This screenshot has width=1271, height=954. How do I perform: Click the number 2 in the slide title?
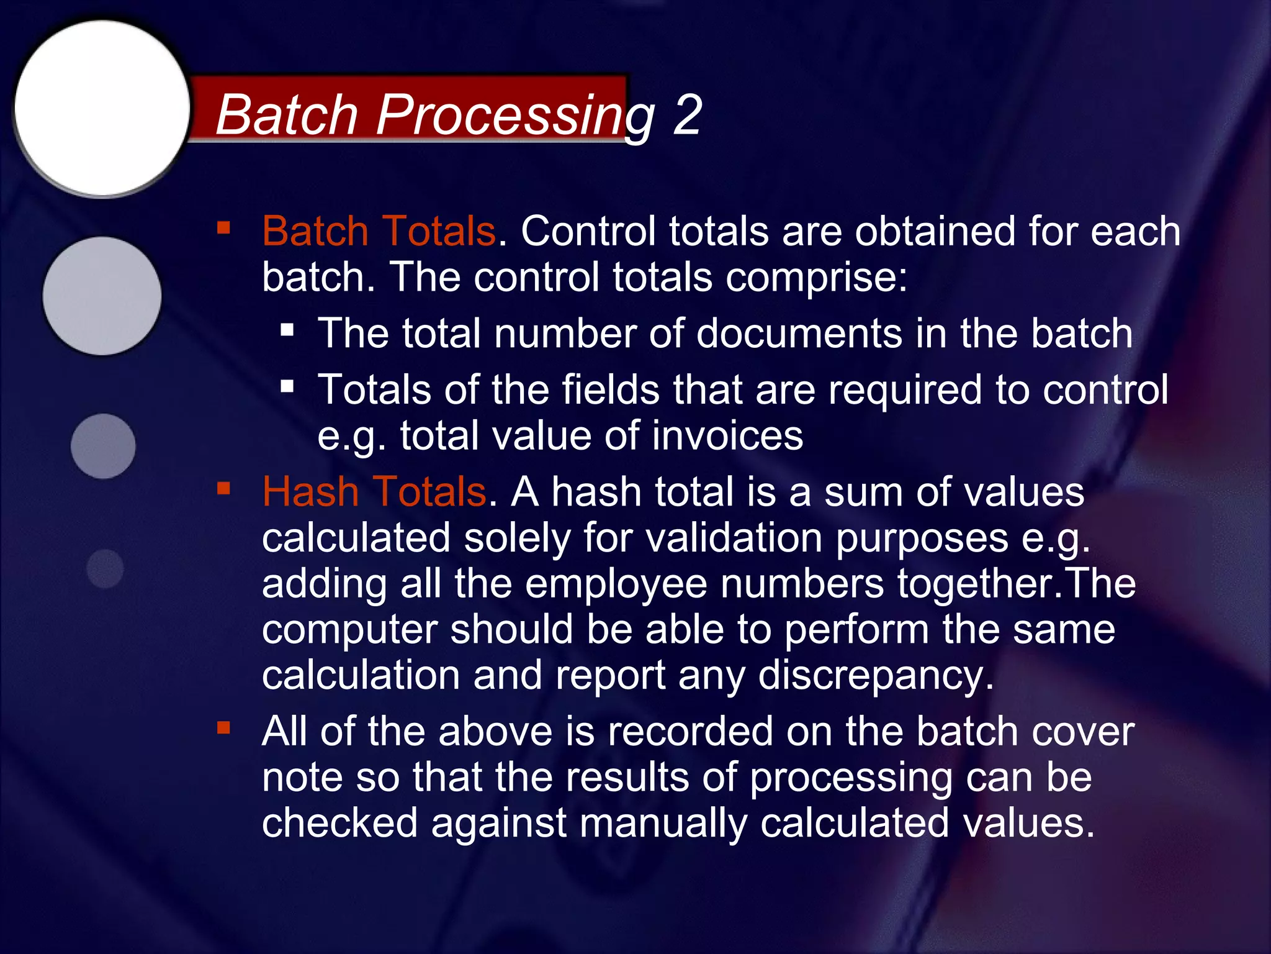pyautogui.click(x=687, y=115)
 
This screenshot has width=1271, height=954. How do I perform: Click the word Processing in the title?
pyautogui.click(x=515, y=115)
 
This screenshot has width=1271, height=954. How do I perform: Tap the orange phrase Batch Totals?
pyautogui.click(x=379, y=231)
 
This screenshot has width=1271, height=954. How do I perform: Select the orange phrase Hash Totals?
pyautogui.click(x=374, y=491)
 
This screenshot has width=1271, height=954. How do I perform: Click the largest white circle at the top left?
pyautogui.click(x=102, y=107)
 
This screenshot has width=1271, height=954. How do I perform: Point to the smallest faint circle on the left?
pyautogui.click(x=105, y=568)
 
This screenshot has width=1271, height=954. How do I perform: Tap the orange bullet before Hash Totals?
pyautogui.click(x=223, y=488)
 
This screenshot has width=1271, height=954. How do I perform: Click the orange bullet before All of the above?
pyautogui.click(x=223, y=727)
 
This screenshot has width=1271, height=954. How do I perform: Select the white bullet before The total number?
pyautogui.click(x=287, y=329)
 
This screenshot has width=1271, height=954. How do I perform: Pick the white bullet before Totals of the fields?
pyautogui.click(x=287, y=387)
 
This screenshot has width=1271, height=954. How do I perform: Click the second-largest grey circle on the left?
pyautogui.click(x=102, y=296)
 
